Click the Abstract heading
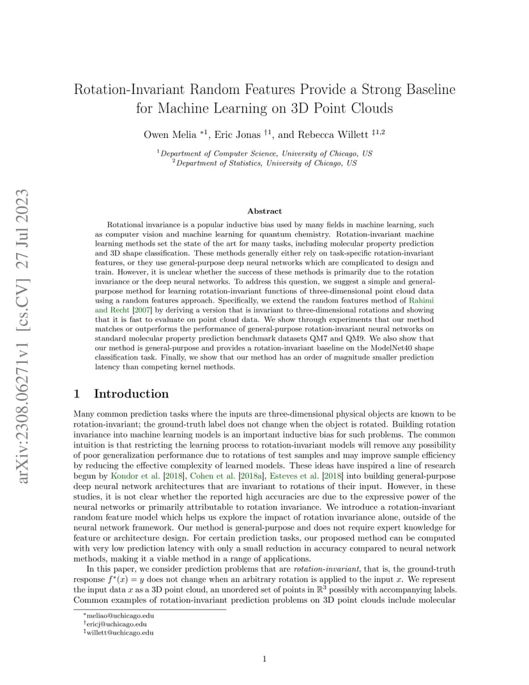(x=264, y=211)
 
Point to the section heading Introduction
(x=131, y=394)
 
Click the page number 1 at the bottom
(x=264, y=659)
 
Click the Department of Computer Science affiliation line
(x=264, y=153)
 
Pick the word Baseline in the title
(x=427, y=89)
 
